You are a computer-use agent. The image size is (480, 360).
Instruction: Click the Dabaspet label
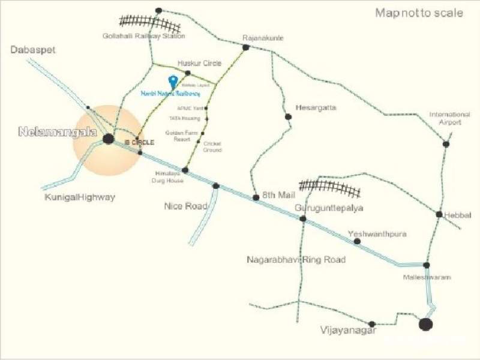[x=33, y=50]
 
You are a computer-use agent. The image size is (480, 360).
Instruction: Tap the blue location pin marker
[x=173, y=82]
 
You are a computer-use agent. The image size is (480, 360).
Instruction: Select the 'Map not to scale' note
[x=419, y=13]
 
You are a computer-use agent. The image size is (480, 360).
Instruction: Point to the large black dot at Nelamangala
[x=108, y=139]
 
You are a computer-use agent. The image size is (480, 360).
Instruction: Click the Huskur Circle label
[x=199, y=63]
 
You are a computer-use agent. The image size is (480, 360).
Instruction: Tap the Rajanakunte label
[x=263, y=38]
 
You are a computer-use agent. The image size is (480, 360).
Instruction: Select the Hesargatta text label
[x=316, y=108]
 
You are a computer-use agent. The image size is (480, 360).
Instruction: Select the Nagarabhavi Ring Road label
[x=296, y=260]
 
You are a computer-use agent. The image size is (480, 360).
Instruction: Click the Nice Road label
[x=186, y=206]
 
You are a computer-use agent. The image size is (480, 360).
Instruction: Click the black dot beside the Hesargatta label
[x=289, y=116]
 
